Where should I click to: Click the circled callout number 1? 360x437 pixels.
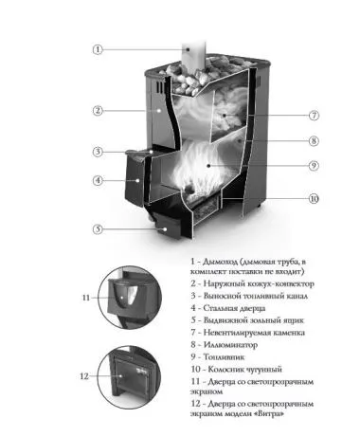coord(98,49)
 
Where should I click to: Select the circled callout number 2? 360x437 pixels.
coord(98,111)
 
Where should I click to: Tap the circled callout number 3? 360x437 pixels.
coord(98,152)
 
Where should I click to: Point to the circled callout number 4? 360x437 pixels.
coord(98,181)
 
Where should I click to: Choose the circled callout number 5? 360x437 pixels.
coord(98,229)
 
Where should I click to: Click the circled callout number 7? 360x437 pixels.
coord(314,116)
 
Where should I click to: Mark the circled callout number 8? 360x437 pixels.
coord(314,141)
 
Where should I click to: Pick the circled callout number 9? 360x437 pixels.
coord(314,166)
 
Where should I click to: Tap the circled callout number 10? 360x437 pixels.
coord(314,199)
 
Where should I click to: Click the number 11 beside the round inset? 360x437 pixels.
coord(86,298)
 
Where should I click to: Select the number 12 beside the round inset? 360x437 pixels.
coord(84,376)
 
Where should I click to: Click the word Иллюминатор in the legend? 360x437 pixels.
coord(230,345)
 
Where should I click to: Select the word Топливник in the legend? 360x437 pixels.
coord(224,357)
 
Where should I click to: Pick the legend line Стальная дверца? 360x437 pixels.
coord(234,308)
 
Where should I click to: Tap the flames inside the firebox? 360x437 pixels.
coord(202,168)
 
